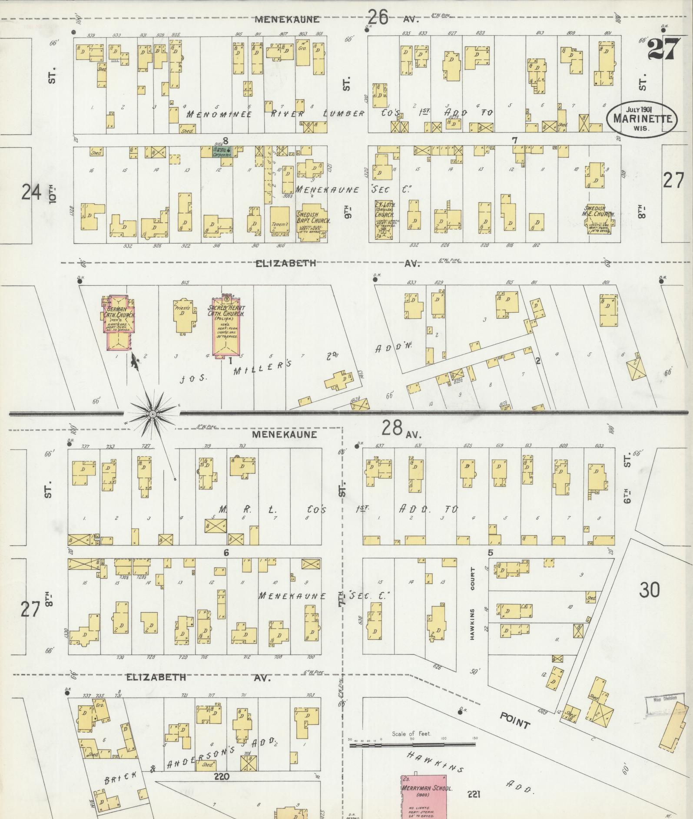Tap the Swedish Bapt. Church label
coord(313,218)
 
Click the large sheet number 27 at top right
coord(663,49)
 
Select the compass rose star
coord(153,415)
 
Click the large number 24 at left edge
coord(31,192)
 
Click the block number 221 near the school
coord(473,794)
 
